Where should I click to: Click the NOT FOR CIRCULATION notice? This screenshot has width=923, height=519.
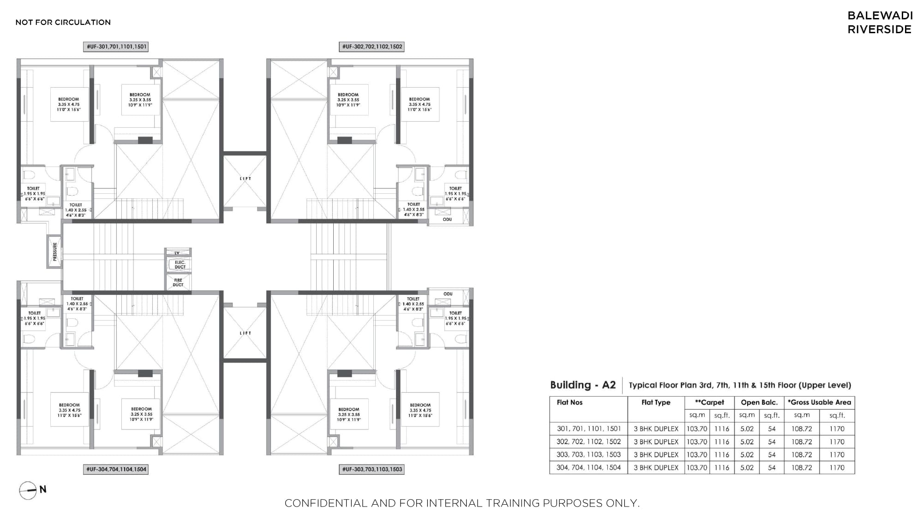tap(63, 22)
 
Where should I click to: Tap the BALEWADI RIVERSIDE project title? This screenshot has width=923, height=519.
tap(880, 22)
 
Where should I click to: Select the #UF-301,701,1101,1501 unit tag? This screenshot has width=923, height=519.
tap(116, 47)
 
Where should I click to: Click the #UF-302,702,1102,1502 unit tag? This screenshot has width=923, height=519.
tap(372, 47)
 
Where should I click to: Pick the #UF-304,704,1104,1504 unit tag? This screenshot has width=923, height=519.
tap(116, 469)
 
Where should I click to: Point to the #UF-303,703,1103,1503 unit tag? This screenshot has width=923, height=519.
tap(372, 469)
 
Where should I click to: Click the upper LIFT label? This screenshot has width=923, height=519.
tap(246, 179)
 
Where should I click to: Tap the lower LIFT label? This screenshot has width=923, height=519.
tap(246, 333)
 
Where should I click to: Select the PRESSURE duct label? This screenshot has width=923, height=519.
tap(55, 252)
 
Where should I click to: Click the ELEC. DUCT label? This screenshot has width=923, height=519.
tap(180, 265)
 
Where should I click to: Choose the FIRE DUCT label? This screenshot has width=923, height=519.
tap(178, 282)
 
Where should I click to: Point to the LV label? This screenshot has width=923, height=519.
tap(177, 253)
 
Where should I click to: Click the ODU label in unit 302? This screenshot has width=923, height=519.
tap(447, 219)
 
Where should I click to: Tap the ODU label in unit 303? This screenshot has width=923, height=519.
tap(448, 294)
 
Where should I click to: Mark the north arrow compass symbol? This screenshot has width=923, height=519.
tap(28, 490)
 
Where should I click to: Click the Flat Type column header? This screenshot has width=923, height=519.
tap(656, 402)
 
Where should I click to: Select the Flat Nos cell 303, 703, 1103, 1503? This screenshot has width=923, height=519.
tap(588, 454)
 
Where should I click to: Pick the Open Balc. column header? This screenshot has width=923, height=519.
tap(759, 402)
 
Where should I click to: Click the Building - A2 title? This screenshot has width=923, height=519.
tap(583, 385)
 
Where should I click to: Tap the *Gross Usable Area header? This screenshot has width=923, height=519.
tap(819, 402)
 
